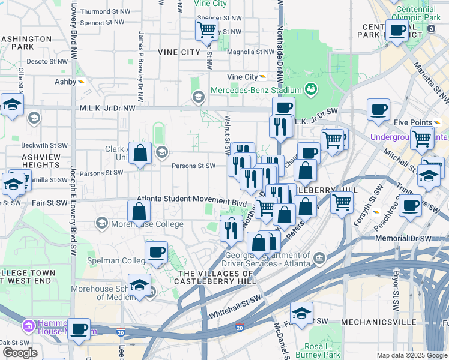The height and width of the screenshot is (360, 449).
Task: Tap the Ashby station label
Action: pyautogui.click(x=65, y=82)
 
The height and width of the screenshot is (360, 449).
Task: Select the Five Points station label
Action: pyautogui.click(x=413, y=122)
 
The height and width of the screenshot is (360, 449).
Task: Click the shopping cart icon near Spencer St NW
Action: pyautogui.click(x=207, y=29)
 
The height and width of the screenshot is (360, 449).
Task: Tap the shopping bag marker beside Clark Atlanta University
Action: pyautogui.click(x=140, y=153)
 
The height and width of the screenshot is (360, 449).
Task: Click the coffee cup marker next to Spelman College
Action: pyautogui.click(x=157, y=252)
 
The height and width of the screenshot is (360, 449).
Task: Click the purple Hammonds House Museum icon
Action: pyautogui.click(x=28, y=326)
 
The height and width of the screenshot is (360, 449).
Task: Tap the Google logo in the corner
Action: pyautogui.click(x=20, y=353)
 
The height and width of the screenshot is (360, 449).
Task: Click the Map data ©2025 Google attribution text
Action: pyautogui.click(x=411, y=355)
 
